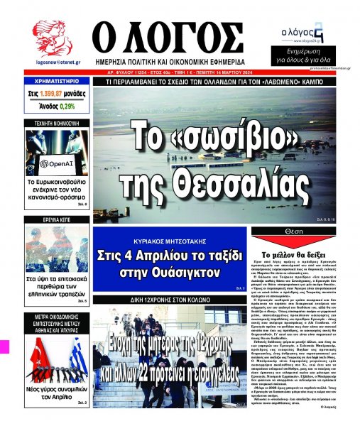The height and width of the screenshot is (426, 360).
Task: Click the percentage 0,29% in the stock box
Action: [67, 106]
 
